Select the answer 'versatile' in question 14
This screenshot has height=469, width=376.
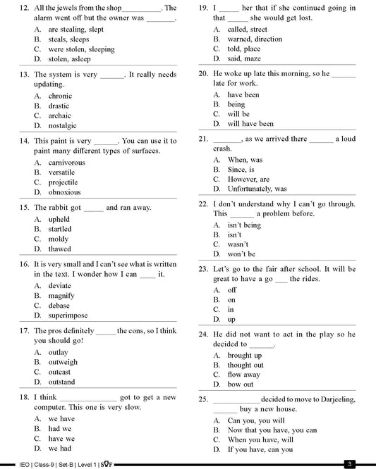click(x=61, y=172)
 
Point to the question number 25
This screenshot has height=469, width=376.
click(x=203, y=399)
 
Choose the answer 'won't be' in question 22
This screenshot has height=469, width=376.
click(x=241, y=254)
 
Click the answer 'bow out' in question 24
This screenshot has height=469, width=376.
click(x=241, y=384)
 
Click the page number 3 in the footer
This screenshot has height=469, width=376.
click(x=349, y=463)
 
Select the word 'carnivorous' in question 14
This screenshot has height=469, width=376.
click(x=66, y=162)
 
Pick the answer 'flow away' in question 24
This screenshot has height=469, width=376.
click(x=244, y=375)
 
